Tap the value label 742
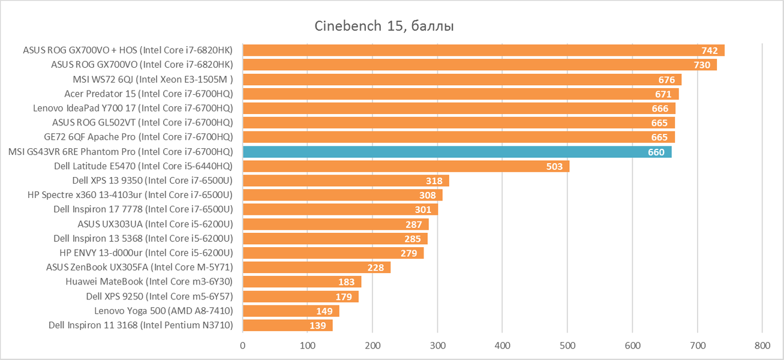point(710,50)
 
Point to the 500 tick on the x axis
point(567,346)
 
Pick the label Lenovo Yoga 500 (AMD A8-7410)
point(163,311)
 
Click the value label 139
point(317,326)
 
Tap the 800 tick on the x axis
point(762,346)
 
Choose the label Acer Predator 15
point(148,94)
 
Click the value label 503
point(554,166)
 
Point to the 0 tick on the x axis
point(243,346)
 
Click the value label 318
point(434,181)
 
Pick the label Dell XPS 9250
point(159,296)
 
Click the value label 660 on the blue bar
point(656,152)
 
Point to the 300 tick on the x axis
point(437,346)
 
